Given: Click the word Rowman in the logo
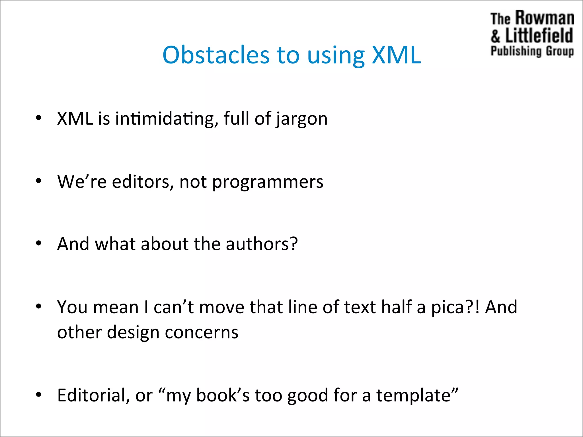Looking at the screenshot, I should pos(545,18).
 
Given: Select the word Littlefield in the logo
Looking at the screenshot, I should pos(539,36).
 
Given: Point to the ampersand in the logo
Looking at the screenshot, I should pos(495,36).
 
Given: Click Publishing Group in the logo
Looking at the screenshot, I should pos(532,51).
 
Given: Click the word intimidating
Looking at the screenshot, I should pos(165,118).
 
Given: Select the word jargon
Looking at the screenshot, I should pos(302,119).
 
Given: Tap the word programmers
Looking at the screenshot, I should pos(268,182).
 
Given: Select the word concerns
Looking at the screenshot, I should pos(202,332).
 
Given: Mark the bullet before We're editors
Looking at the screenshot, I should pos(39,181).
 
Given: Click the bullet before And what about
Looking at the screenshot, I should pos(39,244).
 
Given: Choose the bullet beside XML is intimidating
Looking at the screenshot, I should pos(39,118).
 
